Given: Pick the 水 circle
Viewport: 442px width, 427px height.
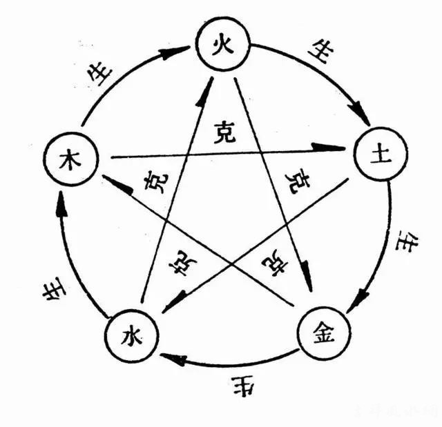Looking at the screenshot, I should point(131,337).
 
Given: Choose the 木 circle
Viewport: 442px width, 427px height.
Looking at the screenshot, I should point(69,158).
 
